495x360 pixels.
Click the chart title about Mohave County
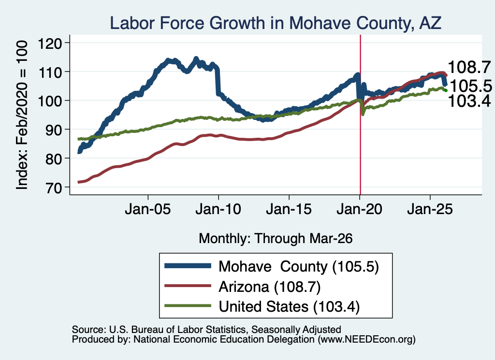(x=275, y=23)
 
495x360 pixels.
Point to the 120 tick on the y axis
(x=50, y=43)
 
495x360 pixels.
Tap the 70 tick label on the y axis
(x=53, y=187)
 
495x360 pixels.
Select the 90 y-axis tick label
(x=53, y=130)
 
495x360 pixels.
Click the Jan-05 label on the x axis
(x=148, y=209)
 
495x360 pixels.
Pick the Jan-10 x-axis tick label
(x=218, y=209)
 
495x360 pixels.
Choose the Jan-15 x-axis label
(x=289, y=209)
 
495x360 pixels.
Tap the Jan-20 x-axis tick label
(x=359, y=209)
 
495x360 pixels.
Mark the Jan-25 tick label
(x=430, y=209)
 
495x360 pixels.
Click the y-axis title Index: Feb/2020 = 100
(x=22, y=115)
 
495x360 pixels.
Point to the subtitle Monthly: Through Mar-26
(x=276, y=239)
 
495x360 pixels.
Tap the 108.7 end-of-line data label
(x=469, y=67)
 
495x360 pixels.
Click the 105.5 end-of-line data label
(x=471, y=86)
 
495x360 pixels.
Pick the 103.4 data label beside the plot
(x=469, y=101)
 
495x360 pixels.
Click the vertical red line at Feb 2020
(x=360, y=115)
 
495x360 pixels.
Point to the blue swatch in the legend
(x=188, y=266)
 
